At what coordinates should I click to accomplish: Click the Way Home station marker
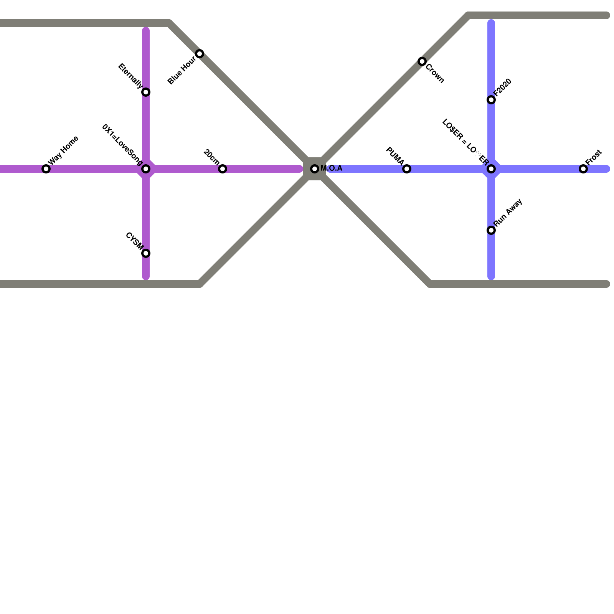click(x=46, y=169)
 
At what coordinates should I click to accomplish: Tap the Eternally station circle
click(x=146, y=92)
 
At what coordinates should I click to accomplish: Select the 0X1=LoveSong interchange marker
click(x=146, y=169)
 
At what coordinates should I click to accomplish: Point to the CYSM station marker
click(x=146, y=253)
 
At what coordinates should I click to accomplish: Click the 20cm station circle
click(x=223, y=169)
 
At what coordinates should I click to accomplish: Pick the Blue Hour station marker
click(x=200, y=54)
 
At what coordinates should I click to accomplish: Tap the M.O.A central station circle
click(x=315, y=169)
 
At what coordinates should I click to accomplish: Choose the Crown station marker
click(x=422, y=61)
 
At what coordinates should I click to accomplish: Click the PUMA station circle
click(x=407, y=169)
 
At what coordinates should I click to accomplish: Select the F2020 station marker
click(x=491, y=100)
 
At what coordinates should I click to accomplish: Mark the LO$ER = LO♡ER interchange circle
click(x=491, y=169)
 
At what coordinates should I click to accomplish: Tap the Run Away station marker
click(x=491, y=230)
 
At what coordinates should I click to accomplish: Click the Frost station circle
click(x=583, y=169)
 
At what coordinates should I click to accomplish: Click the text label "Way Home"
click(x=64, y=151)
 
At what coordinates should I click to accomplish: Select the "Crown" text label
click(x=435, y=73)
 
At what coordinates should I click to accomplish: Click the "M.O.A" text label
click(x=331, y=168)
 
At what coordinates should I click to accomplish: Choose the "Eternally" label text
click(x=130, y=76)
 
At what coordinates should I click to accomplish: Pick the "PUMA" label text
click(x=395, y=156)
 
